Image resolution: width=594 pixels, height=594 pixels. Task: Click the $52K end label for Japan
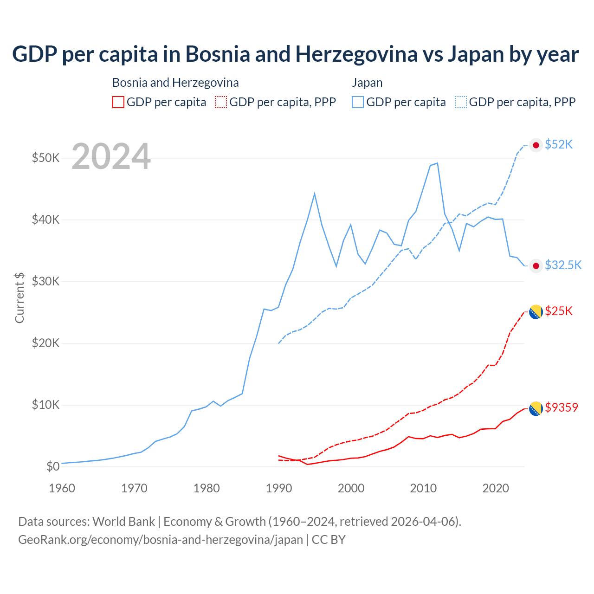[x=559, y=145]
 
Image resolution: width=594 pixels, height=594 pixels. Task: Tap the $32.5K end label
[x=563, y=265]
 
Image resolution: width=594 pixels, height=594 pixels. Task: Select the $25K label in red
[x=559, y=311]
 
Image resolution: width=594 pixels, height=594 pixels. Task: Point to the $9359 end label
[x=562, y=407]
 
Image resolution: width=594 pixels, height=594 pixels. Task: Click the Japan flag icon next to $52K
[x=536, y=145]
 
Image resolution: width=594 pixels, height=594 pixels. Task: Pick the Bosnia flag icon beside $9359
[x=536, y=409]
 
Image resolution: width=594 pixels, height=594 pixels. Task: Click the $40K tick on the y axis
[x=46, y=220]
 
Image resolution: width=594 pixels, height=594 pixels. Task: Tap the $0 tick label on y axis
[x=53, y=466]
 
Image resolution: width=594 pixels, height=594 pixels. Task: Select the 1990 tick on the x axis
[x=279, y=488]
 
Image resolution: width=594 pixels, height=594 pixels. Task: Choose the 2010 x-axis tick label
[x=423, y=488]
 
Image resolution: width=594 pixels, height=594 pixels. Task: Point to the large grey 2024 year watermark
[x=111, y=157]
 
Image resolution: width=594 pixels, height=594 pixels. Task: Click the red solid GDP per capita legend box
[x=118, y=102]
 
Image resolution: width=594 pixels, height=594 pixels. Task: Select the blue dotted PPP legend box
[x=461, y=102]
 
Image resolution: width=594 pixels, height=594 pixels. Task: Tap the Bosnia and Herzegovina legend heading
[x=175, y=83]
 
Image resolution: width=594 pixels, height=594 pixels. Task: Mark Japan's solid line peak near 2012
[x=437, y=163]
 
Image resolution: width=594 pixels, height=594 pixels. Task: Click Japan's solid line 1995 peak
[x=315, y=194]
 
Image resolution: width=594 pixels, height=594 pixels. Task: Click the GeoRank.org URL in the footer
[x=161, y=540]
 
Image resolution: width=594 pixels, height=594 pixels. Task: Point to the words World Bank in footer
[x=123, y=522]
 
